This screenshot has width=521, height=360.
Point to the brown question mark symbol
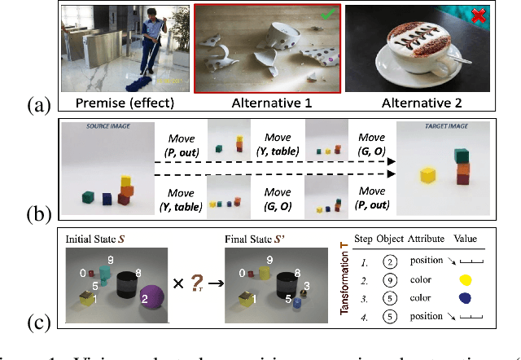(x=196, y=283)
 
